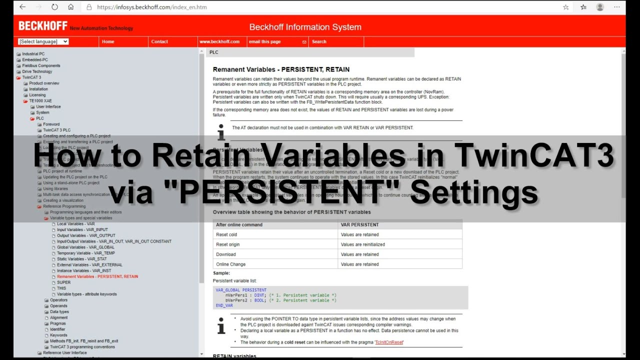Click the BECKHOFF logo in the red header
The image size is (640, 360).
click(x=42, y=26)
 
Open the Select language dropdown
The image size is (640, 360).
click(x=43, y=41)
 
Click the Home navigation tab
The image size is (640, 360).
click(x=108, y=42)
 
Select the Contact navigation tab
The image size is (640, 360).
click(x=159, y=42)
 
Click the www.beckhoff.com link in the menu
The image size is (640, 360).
click(x=219, y=42)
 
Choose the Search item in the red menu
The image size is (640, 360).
click(x=319, y=42)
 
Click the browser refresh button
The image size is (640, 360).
click(x=54, y=7)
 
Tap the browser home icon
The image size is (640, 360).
click(x=70, y=7)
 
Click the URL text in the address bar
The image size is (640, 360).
click(x=151, y=7)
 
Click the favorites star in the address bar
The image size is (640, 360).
click(x=566, y=7)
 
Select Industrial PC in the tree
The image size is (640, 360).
click(x=33, y=54)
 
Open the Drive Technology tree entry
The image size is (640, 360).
click(x=37, y=71)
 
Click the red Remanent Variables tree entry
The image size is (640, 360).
click(x=97, y=276)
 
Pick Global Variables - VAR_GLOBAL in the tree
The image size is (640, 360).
click(x=85, y=247)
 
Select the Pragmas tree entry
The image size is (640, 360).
click(x=58, y=323)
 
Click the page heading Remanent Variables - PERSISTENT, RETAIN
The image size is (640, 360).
click(x=281, y=69)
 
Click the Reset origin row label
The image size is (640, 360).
click(x=227, y=244)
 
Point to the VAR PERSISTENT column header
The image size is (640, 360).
click(x=359, y=225)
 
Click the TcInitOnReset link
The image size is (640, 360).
click(x=389, y=342)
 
